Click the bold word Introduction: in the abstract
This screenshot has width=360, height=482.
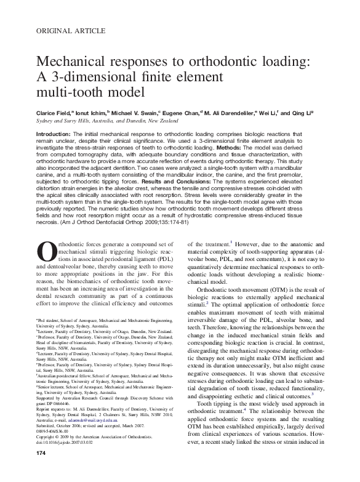54,134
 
